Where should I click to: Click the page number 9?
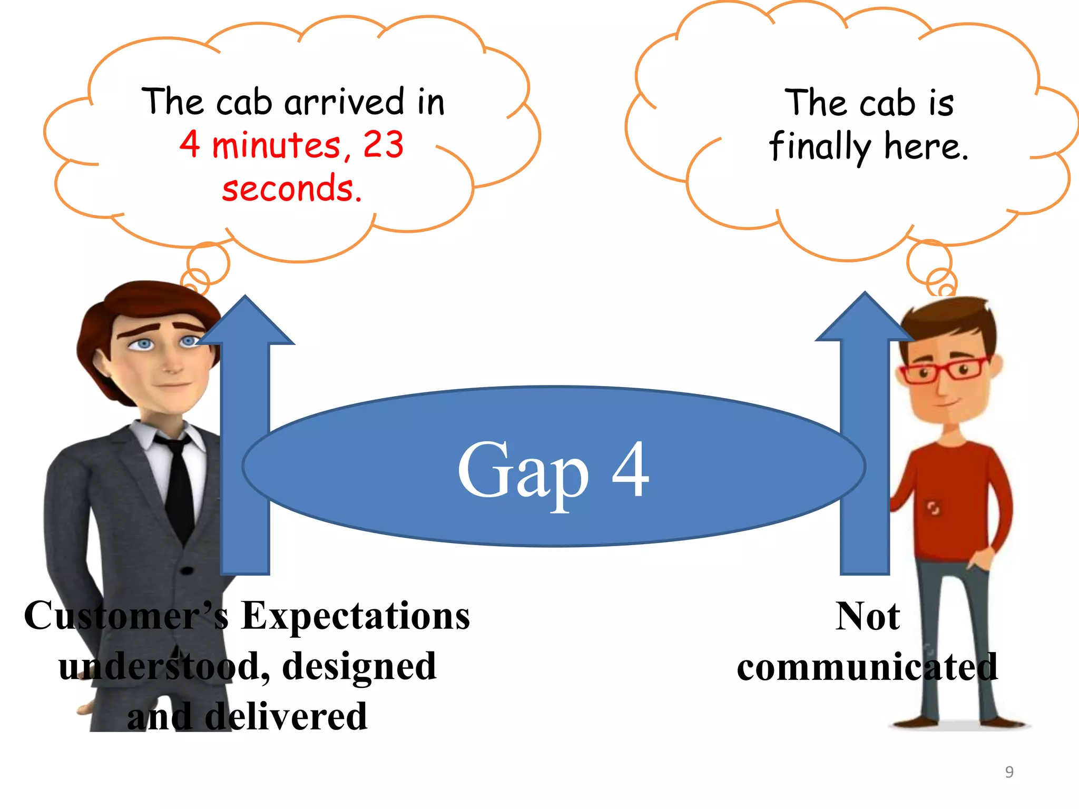(1009, 772)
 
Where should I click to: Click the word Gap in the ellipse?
(523, 471)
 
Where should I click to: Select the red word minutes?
(277, 145)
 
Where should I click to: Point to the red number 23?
(383, 144)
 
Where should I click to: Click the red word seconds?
(291, 189)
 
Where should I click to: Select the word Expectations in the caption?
(355, 616)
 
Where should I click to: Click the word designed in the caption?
(359, 666)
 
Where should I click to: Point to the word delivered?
(286, 717)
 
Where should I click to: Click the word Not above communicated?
(867, 616)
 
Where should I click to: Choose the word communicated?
(867, 667)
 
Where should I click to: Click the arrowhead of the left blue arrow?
(246, 321)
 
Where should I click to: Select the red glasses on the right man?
(943, 370)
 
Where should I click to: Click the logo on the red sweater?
(934, 508)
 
